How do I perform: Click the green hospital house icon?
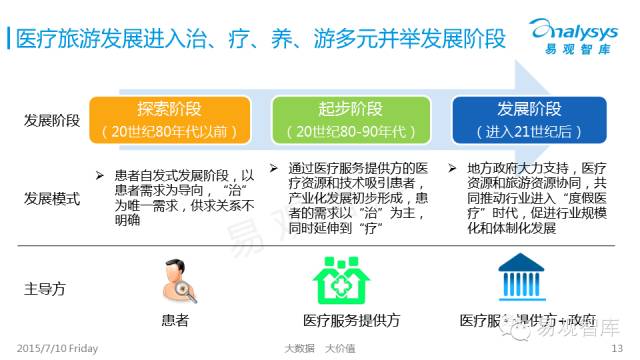[342, 280]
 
